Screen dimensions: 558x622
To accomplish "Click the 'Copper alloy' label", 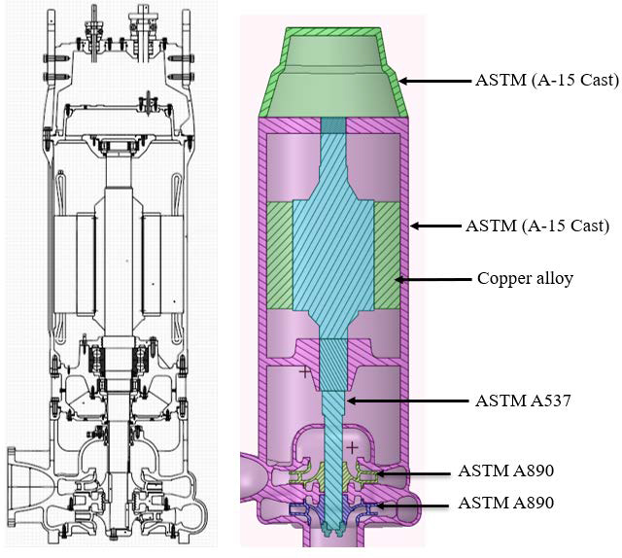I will point(525,278).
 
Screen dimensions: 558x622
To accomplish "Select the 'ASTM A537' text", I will point(522,400).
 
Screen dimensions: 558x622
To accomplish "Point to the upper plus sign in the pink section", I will point(304,371).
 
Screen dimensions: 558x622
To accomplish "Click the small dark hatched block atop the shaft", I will point(332,126).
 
